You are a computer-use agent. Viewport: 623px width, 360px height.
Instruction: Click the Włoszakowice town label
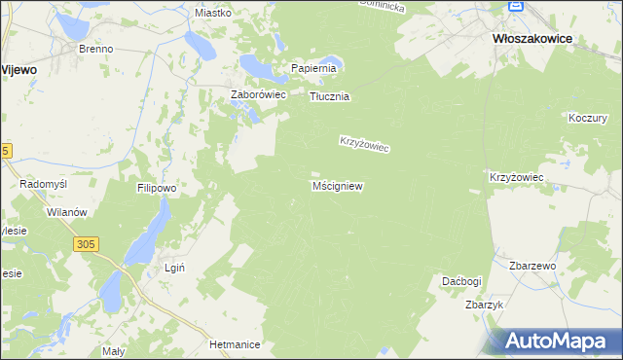point(531,38)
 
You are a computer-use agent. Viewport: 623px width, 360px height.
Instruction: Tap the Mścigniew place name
point(338,185)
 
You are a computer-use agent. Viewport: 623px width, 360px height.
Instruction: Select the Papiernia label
point(313,68)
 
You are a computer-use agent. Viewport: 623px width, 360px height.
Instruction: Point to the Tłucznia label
point(329,97)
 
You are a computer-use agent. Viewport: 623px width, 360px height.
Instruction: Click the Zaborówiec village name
point(256,94)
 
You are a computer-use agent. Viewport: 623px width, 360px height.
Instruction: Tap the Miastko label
point(212,13)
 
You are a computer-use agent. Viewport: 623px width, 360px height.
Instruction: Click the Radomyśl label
point(43,184)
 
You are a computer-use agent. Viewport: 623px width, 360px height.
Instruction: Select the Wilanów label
point(67,212)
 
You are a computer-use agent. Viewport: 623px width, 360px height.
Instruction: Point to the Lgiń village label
point(174,268)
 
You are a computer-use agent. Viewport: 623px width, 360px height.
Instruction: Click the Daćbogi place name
point(461,281)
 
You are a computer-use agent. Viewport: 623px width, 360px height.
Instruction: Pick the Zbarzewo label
point(531,266)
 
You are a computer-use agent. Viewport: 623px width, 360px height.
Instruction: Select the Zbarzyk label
point(484,305)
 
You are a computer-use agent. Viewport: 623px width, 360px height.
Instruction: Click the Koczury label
point(586,117)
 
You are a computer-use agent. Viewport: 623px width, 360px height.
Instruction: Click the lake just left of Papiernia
point(260,66)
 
